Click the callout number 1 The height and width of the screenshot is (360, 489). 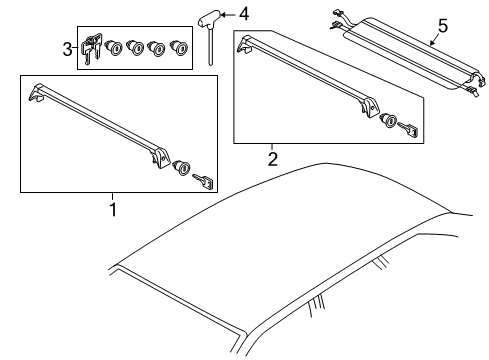coord(113,209)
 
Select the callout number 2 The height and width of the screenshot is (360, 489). coord(273,159)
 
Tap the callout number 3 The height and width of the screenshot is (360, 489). coord(67,50)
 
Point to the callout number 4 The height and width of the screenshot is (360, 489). coord(244,14)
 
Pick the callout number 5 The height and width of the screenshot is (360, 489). coord(443,26)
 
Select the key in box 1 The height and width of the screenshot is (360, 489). coord(203,181)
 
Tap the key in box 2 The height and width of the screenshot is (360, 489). coord(409,129)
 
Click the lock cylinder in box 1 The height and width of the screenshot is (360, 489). coord(182,167)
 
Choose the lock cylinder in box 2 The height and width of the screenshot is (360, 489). coord(388,120)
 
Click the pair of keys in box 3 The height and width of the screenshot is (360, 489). coord(91,49)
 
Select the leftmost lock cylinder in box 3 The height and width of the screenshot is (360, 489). coord(114,48)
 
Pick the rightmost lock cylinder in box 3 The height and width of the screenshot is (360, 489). coord(179,47)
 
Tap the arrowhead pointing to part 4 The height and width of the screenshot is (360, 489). coord(224,15)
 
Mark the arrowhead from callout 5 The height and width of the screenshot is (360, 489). coord(432,43)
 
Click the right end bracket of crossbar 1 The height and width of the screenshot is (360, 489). coord(160,158)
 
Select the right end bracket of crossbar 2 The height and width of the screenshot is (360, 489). coord(368,108)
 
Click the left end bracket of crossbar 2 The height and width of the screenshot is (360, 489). coord(245,45)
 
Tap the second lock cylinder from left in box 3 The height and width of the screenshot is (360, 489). coord(135,48)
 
